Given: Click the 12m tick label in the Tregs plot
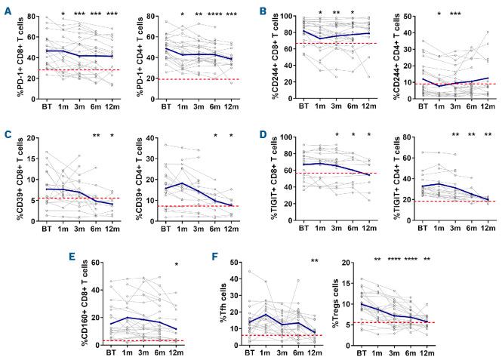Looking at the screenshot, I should pyautogui.click(x=475, y=352).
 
